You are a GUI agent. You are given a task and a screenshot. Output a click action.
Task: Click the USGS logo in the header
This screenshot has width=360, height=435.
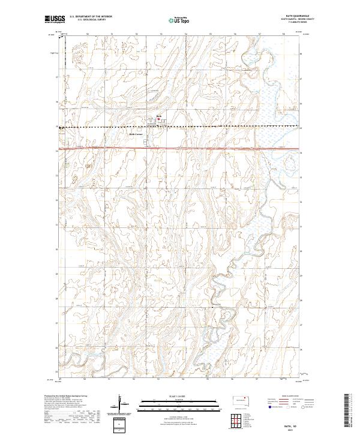(x=55, y=19)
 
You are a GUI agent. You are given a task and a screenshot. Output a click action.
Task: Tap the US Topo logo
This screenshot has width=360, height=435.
(x=179, y=20)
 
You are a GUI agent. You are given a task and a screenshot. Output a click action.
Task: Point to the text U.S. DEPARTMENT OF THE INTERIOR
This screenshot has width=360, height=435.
(x=91, y=17)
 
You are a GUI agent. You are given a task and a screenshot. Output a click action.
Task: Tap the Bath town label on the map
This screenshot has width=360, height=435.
(x=159, y=116)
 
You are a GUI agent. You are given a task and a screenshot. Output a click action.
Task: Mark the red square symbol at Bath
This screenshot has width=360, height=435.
(x=158, y=119)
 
